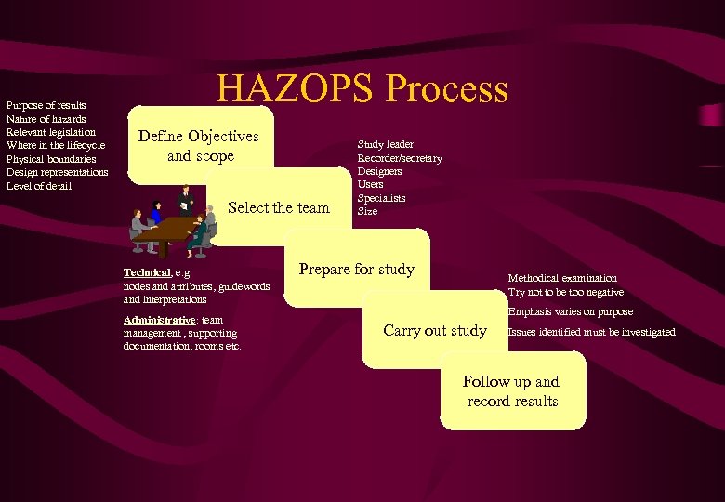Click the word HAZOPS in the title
[295, 88]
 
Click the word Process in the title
[447, 88]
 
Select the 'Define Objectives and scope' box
[198, 146]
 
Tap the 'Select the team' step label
[279, 207]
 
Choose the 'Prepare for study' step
[357, 270]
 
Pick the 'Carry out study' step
[435, 330]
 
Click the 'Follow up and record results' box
[512, 391]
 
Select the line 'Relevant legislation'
[50, 132]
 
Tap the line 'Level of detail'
[38, 186]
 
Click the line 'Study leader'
[386, 144]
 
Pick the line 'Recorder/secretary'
[400, 158]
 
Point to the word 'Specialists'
[381, 198]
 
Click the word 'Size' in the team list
[367, 211]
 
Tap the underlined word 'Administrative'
[158, 320]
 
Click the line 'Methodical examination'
[561, 278]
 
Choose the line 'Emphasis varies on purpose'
[570, 312]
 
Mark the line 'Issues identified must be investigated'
[591, 332]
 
